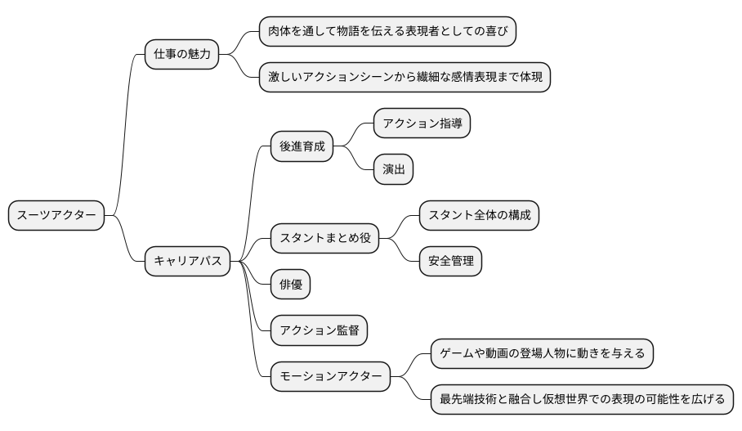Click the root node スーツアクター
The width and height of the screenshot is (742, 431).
[x=56, y=216]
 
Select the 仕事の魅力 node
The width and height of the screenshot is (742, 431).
[x=181, y=55]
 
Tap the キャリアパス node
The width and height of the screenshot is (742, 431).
[x=187, y=262]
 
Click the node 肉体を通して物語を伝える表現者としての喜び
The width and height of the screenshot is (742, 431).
[x=387, y=31]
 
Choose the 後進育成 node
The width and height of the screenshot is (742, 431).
[x=302, y=146]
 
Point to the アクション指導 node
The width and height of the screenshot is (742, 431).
[x=422, y=123]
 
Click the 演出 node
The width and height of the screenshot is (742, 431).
[x=393, y=170]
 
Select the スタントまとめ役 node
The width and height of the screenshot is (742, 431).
[x=324, y=239]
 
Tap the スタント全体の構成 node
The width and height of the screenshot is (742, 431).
[x=479, y=216]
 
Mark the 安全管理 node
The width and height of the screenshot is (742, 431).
[x=450, y=262]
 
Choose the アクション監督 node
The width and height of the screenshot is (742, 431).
[x=319, y=330]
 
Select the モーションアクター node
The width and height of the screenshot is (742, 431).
[x=330, y=377]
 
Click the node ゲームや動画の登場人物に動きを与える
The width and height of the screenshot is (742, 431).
[x=542, y=354]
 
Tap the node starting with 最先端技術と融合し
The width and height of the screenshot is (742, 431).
[x=582, y=400]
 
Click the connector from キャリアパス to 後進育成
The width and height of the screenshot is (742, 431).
[x=251, y=196]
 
